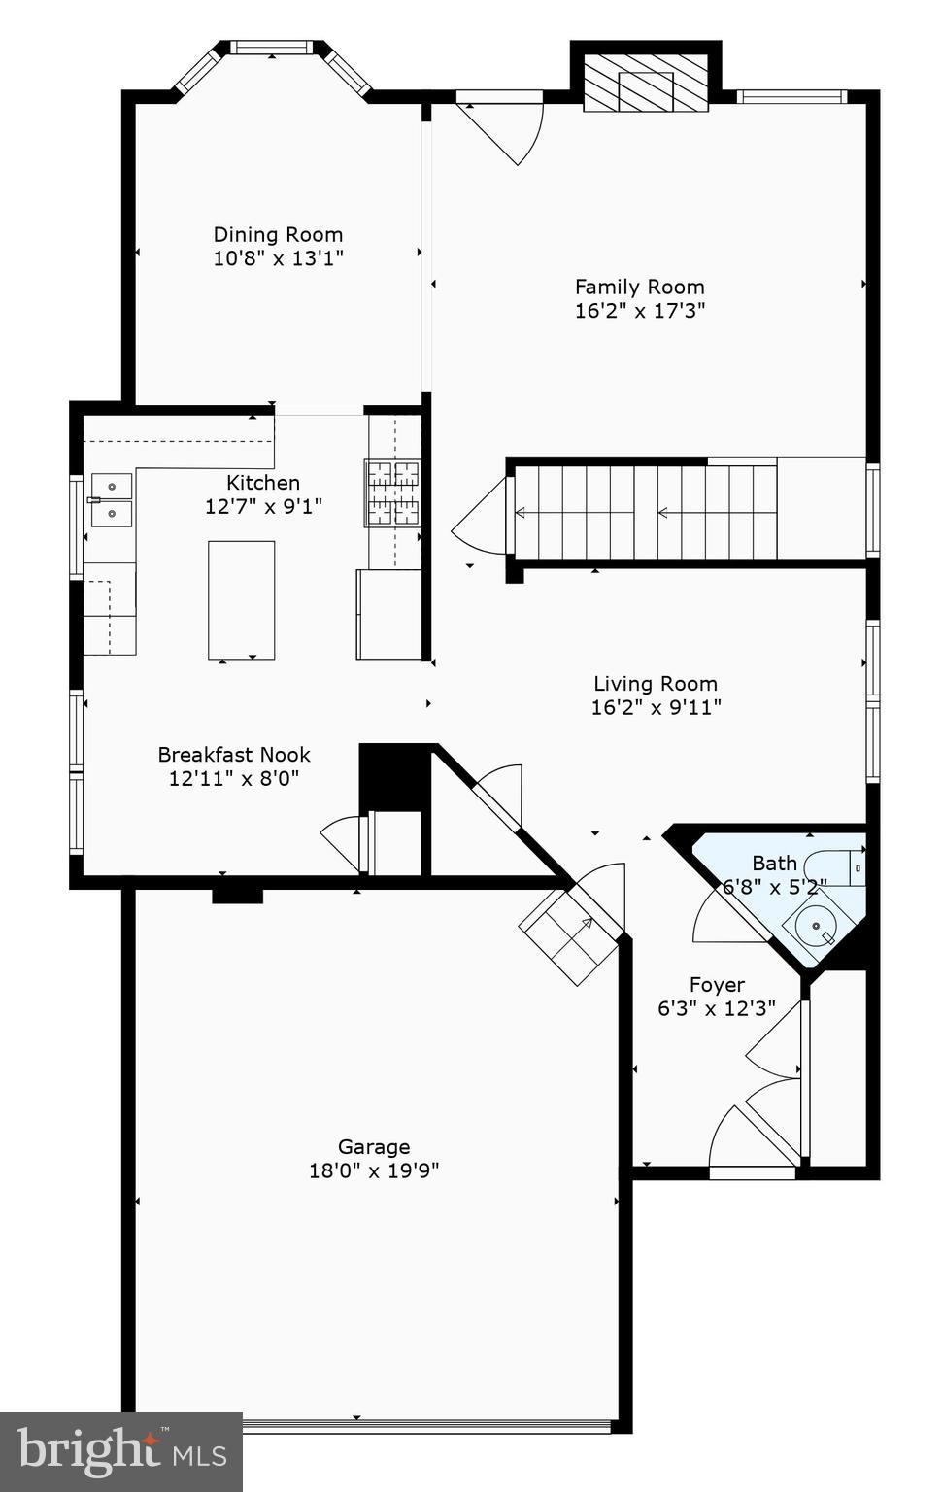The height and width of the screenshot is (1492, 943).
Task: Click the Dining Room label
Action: click(278, 234)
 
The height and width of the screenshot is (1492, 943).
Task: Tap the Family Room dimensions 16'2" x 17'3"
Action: click(639, 311)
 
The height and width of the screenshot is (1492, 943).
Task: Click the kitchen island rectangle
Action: click(241, 599)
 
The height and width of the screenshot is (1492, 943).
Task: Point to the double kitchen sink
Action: click(111, 499)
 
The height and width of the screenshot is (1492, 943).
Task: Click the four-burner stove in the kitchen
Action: click(392, 493)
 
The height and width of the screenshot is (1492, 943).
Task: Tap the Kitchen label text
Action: click(262, 483)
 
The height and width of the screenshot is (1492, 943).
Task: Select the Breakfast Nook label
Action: click(234, 755)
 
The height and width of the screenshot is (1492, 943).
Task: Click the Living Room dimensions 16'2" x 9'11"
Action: click(656, 707)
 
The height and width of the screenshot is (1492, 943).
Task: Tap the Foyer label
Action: click(717, 985)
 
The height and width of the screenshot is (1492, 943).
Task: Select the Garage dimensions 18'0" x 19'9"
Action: click(374, 1170)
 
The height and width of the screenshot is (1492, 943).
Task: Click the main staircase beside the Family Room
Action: click(645, 512)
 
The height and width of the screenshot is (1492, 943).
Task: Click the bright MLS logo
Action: click(121, 1451)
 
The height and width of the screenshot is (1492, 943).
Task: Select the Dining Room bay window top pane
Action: click(272, 47)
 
